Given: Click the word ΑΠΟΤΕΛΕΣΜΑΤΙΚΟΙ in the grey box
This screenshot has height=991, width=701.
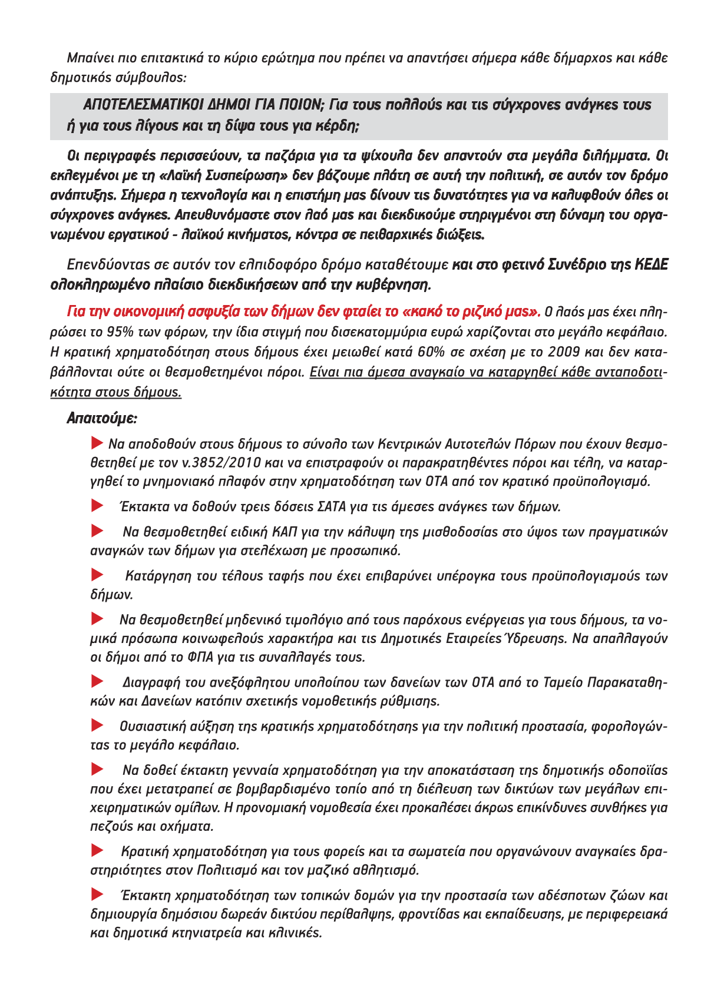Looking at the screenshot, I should [143, 105].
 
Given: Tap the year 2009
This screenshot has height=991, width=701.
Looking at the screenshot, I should [564, 352].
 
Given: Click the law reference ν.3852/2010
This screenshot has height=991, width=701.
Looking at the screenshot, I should [216, 463].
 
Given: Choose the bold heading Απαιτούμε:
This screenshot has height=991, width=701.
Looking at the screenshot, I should [101, 419].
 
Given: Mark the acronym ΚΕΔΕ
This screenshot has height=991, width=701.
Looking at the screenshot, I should [651, 266].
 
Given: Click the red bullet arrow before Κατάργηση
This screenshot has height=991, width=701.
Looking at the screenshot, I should [97, 575].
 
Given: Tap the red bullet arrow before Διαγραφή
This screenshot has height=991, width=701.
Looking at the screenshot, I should [97, 682].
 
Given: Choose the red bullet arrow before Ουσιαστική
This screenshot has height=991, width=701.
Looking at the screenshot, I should [97, 725].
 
